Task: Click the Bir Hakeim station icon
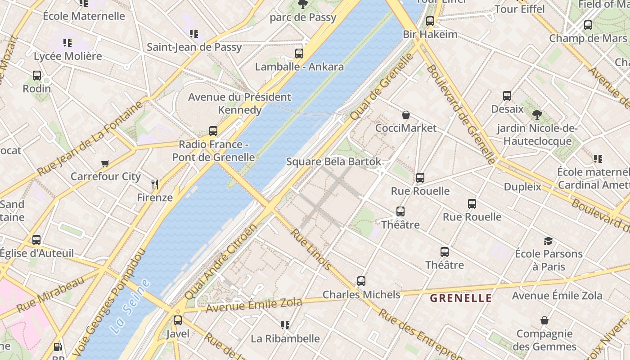[x=430, y=21]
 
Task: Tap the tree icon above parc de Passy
[x=302, y=4]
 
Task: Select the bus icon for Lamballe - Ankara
[x=299, y=54]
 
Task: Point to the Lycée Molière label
[x=68, y=56]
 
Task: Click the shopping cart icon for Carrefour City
[x=105, y=163]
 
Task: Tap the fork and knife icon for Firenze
[x=155, y=184]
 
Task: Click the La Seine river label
[x=130, y=306]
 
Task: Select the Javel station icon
[x=178, y=320]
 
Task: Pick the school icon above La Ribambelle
[x=285, y=325]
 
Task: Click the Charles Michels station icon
[x=361, y=281]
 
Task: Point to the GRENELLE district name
[x=461, y=298]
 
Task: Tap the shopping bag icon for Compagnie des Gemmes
[x=544, y=320]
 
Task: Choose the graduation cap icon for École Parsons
[x=548, y=241]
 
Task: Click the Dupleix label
[x=522, y=186]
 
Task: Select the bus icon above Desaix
[x=507, y=96]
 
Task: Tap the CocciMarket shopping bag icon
[x=406, y=115]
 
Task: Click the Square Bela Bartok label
[x=333, y=162]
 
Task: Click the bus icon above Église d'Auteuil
[x=36, y=240]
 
